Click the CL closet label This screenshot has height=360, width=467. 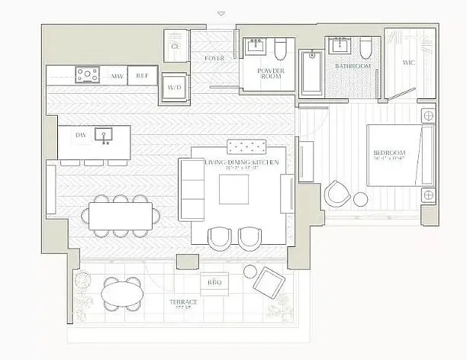(x=175, y=46)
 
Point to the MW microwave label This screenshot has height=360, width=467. (x=117, y=76)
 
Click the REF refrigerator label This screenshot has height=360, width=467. (x=142, y=76)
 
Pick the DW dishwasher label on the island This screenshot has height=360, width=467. (x=80, y=136)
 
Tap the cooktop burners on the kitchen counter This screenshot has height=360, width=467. (x=88, y=75)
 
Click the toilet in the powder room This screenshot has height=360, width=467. (x=279, y=50)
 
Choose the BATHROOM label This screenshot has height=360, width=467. (x=353, y=66)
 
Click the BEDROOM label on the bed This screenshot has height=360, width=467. (x=389, y=154)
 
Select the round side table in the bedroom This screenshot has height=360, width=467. (x=361, y=200)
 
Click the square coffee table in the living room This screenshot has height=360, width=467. (x=233, y=189)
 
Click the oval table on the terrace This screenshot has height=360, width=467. (x=122, y=292)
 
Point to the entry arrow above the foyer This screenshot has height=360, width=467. (x=221, y=13)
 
